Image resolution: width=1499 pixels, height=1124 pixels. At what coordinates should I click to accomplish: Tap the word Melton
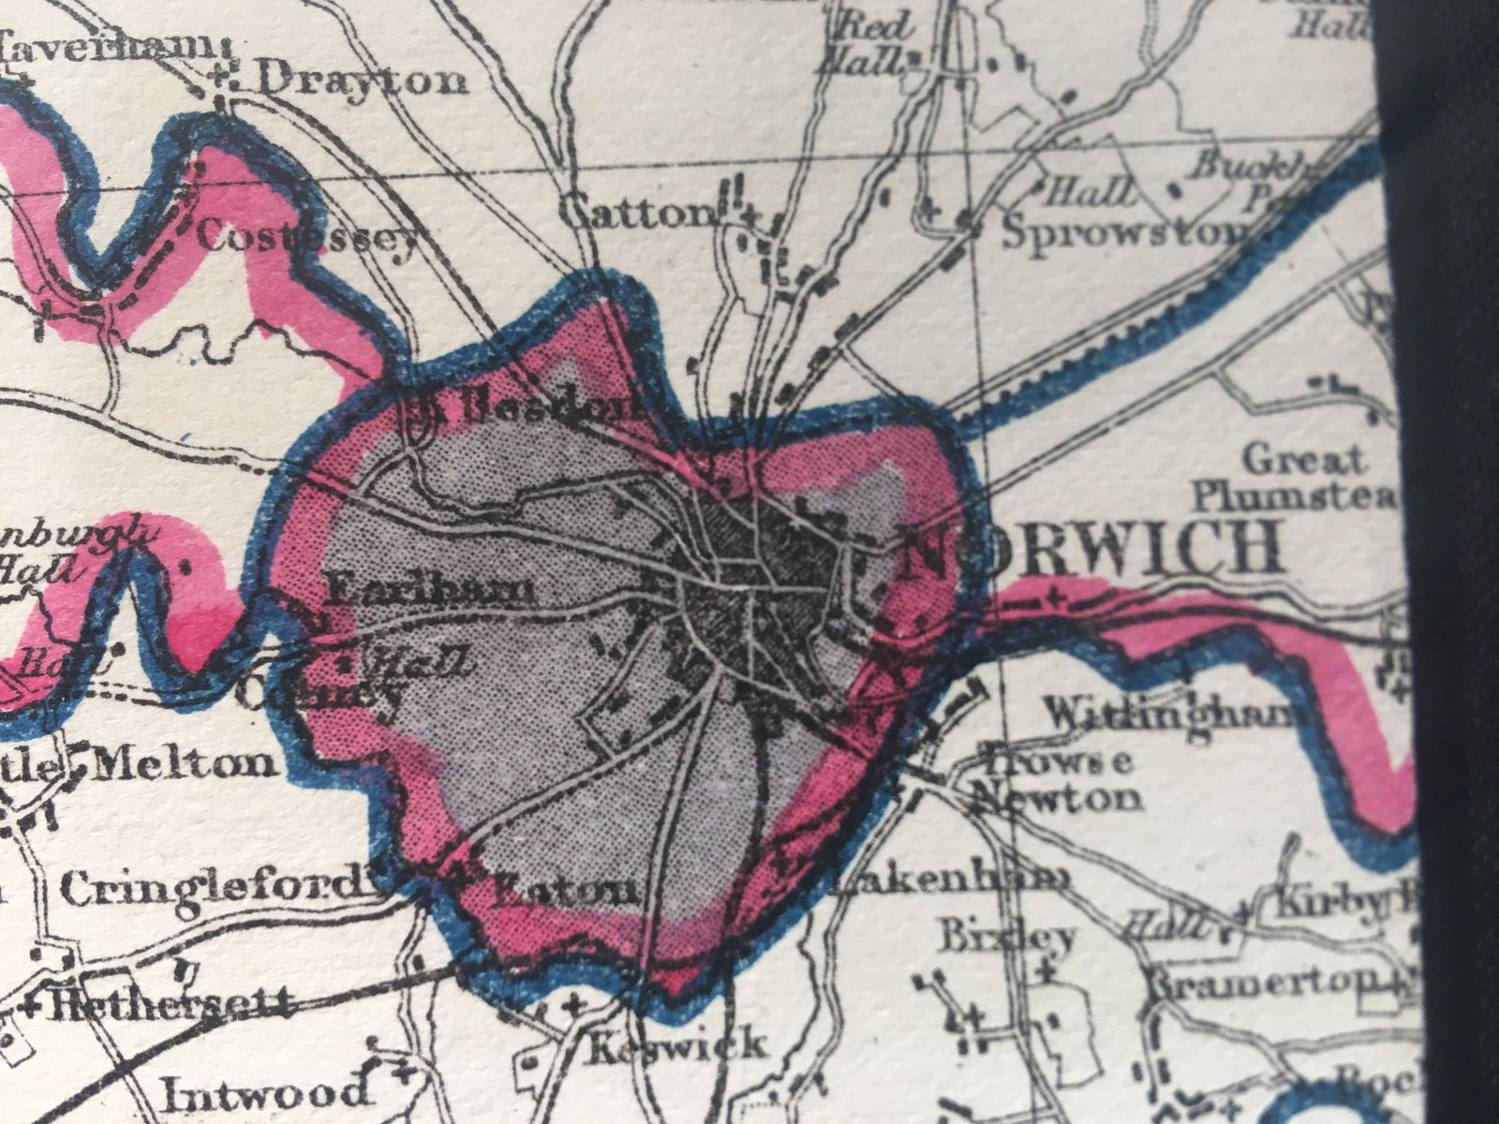pos(187,763)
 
